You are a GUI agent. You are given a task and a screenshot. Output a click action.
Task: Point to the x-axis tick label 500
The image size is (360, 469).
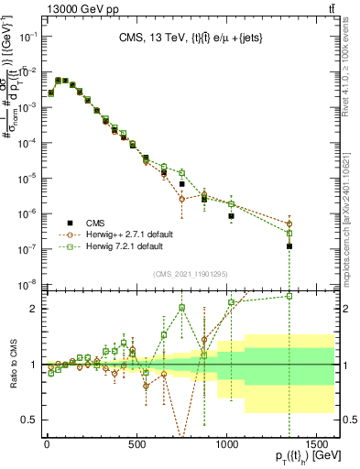(x=136, y=442)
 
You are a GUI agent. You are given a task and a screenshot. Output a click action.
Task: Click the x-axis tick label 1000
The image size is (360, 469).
(x=227, y=442)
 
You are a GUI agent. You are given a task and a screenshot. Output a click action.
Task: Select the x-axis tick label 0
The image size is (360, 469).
(x=46, y=442)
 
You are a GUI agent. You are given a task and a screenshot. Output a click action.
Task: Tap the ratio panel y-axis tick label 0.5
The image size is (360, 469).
(x=28, y=420)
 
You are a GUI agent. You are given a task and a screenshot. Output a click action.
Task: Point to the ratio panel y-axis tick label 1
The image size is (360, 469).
(x=32, y=365)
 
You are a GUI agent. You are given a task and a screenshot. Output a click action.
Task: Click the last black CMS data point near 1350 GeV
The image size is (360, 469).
(x=289, y=246)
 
